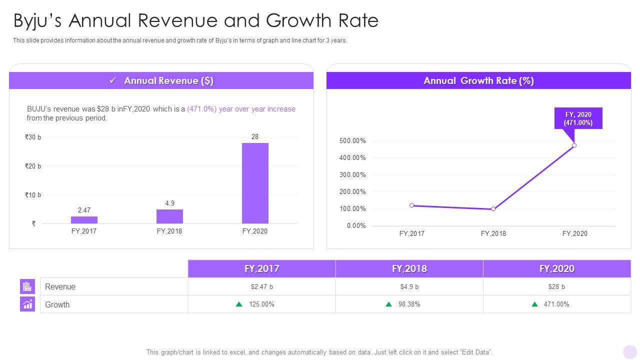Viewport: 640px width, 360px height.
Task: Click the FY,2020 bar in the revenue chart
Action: click(x=255, y=183)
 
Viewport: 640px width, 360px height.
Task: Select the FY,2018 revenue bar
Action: click(x=169, y=216)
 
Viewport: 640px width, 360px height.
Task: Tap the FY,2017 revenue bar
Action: click(x=84, y=220)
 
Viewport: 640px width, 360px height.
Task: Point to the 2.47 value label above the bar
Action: click(x=84, y=210)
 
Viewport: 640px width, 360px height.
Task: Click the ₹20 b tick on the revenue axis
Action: click(x=33, y=166)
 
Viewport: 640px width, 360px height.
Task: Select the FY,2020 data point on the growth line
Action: click(x=574, y=145)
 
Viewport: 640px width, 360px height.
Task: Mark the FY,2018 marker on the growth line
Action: click(x=493, y=209)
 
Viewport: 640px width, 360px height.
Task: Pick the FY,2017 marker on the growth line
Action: click(x=411, y=205)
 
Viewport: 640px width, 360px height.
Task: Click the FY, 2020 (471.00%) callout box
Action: click(x=578, y=118)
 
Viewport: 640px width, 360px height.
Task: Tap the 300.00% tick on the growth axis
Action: click(x=352, y=175)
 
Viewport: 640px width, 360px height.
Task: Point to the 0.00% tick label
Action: click(x=356, y=226)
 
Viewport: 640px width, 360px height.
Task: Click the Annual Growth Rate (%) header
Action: click(x=478, y=81)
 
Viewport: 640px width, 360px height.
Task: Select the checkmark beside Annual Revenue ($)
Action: click(x=113, y=80)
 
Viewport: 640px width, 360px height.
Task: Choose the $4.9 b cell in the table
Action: click(x=409, y=287)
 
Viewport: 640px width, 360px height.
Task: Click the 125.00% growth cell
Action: click(x=261, y=304)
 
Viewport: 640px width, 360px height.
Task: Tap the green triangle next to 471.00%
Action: click(x=535, y=304)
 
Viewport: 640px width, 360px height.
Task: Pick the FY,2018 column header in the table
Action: click(x=409, y=269)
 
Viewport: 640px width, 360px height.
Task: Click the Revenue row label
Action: click(x=60, y=287)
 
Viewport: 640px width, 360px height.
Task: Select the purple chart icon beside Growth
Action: click(x=27, y=304)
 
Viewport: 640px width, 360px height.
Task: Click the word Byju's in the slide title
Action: click(x=37, y=21)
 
